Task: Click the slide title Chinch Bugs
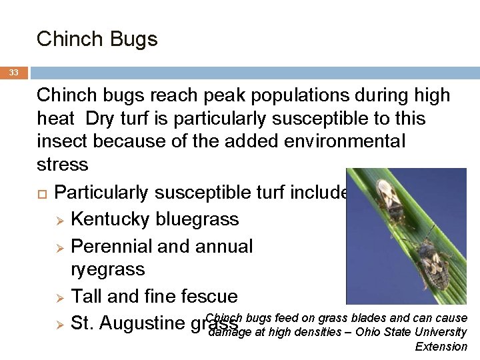tap(97, 39)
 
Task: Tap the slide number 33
tap(14, 73)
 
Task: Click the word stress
tap(63, 164)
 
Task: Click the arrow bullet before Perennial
tap(59, 246)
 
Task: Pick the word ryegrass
tap(107, 269)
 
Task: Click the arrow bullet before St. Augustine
tap(59, 324)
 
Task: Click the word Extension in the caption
tap(441, 347)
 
